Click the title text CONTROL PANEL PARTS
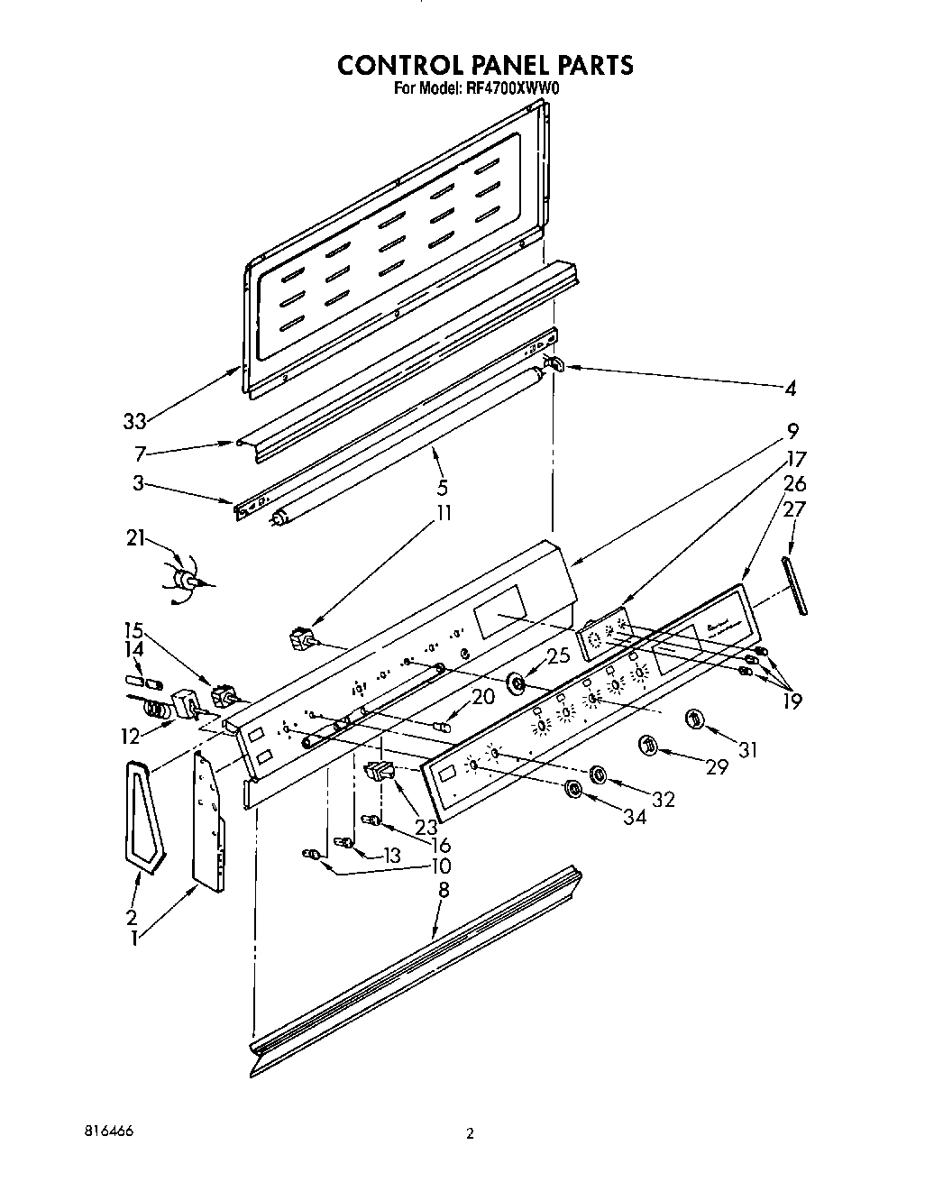pos(485,65)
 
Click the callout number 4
pos(790,389)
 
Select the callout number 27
pos(794,510)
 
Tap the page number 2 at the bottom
pos(469,1134)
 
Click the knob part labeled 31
pos(694,719)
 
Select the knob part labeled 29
pos(647,745)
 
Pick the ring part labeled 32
pos(597,774)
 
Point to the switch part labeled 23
pos(380,772)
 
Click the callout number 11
pos(444,514)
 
